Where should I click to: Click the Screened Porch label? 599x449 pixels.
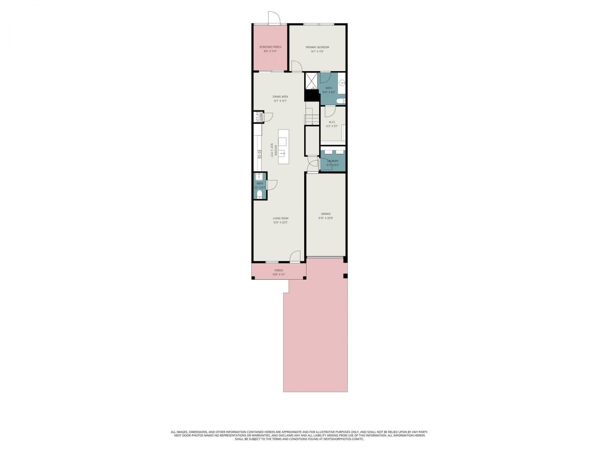coord(270,47)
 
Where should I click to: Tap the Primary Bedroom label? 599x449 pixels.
coord(317,47)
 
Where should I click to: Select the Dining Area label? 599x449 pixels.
coord(280,97)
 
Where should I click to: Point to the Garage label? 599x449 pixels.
coord(326,214)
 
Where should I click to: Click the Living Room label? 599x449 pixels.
coord(280,218)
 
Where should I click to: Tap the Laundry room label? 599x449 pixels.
coord(333,161)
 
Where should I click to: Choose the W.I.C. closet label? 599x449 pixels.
coord(332,123)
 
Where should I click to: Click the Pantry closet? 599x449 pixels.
coord(257,116)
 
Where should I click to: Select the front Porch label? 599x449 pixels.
coord(279,270)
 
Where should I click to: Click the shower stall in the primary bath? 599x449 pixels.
coord(311,81)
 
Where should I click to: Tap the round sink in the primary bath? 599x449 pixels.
coord(343,83)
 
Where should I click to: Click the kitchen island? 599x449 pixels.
coord(283,146)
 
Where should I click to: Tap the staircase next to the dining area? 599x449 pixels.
coord(312,116)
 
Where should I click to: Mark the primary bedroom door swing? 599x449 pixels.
coord(296,66)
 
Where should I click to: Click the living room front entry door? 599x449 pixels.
coord(295,257)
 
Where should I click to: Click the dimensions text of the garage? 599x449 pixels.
coord(326,218)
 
